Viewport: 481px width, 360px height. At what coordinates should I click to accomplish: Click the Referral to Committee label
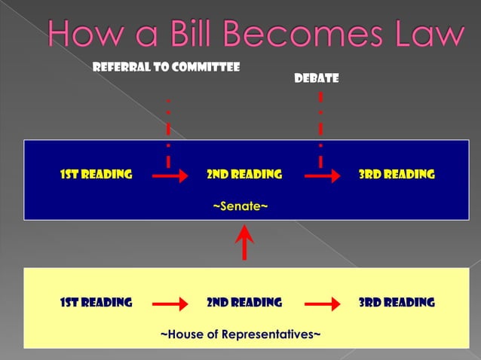click(166, 67)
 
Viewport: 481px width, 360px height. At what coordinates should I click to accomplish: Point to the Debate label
click(321, 78)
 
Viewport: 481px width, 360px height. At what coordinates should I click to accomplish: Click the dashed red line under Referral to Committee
click(168, 132)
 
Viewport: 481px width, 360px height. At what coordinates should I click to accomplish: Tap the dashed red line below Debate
click(320, 128)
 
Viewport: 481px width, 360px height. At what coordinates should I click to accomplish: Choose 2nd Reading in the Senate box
click(244, 175)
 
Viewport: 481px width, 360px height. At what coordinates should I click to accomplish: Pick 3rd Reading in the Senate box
click(397, 175)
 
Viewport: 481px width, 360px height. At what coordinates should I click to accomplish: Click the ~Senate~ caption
click(240, 205)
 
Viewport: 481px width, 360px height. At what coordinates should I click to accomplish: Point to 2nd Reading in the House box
click(244, 303)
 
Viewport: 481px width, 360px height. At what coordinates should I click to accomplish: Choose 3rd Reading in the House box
click(397, 303)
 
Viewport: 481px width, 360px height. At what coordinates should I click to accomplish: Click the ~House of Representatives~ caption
click(240, 334)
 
